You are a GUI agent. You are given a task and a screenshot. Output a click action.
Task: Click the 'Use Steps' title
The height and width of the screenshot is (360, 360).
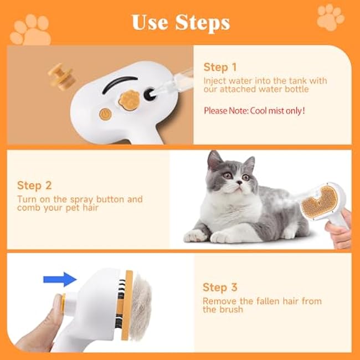click(x=180, y=22)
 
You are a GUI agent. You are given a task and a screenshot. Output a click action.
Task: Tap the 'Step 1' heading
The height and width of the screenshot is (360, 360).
click(x=220, y=67)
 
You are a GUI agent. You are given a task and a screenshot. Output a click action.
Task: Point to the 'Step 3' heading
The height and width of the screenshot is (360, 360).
click(x=220, y=287)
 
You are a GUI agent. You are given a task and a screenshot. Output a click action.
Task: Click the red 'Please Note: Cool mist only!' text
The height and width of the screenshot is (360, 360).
click(x=254, y=111)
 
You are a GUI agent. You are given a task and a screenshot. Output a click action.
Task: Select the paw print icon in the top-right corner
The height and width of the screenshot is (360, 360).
click(x=331, y=18)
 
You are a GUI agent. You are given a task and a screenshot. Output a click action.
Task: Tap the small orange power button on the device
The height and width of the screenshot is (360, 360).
click(x=104, y=114)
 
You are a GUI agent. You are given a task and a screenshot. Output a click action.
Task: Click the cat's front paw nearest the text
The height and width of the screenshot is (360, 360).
click(x=195, y=235)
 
